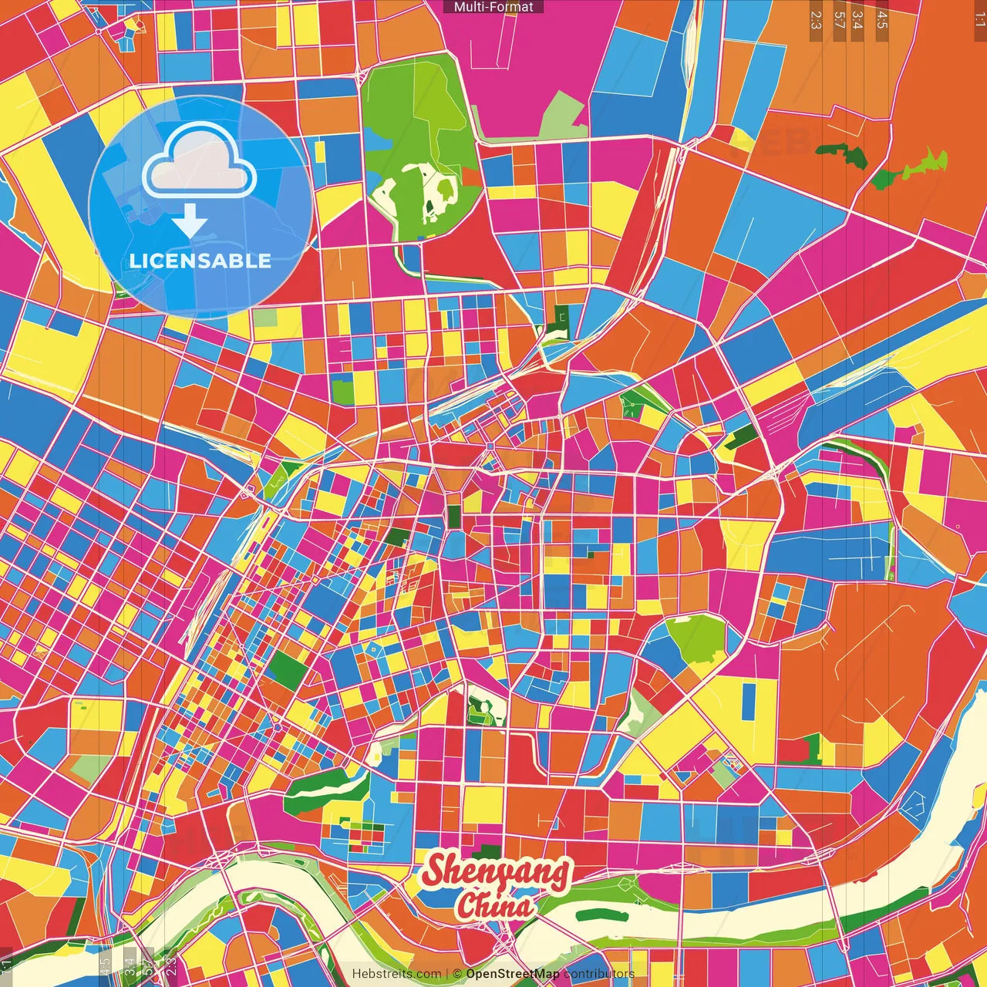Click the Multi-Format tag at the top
point(493,7)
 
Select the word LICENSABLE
point(200,261)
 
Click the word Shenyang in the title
point(497,872)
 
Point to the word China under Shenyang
point(494,905)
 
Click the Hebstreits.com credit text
point(396,974)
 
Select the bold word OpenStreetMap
point(513,974)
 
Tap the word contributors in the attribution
point(598,974)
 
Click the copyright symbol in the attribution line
point(456,974)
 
